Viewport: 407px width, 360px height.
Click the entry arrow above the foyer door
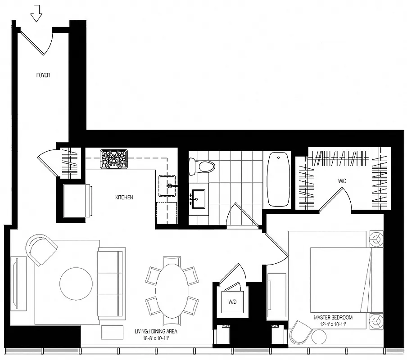[x=36, y=16]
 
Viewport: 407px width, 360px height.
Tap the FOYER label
[x=43, y=75]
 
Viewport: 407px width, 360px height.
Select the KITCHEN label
[x=124, y=198]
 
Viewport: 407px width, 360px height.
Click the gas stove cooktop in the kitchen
[x=113, y=159]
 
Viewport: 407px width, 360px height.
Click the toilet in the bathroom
[x=201, y=166]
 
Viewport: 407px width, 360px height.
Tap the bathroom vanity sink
[x=198, y=198]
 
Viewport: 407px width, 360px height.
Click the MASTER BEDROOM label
[x=334, y=317]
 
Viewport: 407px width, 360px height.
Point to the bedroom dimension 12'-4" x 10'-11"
[x=334, y=324]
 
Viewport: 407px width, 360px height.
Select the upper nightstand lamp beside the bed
[x=375, y=238]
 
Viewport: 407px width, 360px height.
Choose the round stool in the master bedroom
[x=319, y=337]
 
